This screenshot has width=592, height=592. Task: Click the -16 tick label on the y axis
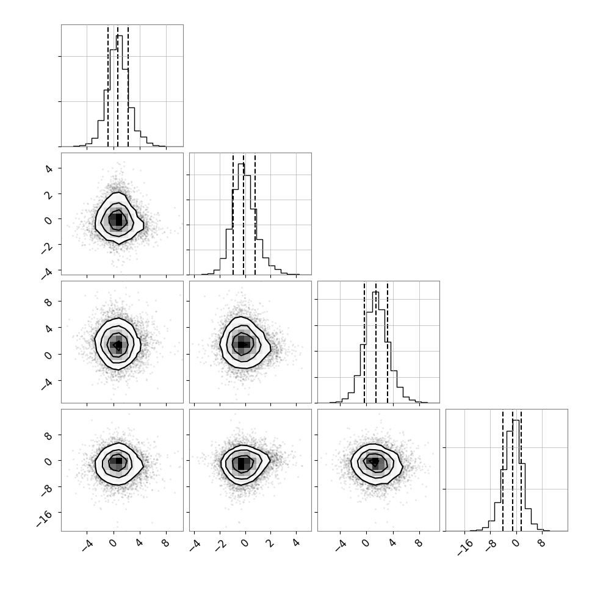pos(45,518)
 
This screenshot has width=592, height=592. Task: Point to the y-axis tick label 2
pos(49,193)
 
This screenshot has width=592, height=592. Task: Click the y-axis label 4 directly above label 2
pos(49,168)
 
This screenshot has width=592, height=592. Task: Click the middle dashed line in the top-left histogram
pos(118,85)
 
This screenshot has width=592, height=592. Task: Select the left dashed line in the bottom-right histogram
pos(503,470)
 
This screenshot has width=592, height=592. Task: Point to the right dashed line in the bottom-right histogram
pos(521,470)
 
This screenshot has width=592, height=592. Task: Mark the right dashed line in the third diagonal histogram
pos(388,342)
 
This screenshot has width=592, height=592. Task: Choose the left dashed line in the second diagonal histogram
pos(233,214)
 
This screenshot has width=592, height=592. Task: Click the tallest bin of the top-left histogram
pos(119,90)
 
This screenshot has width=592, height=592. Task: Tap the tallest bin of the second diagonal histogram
pos(241,219)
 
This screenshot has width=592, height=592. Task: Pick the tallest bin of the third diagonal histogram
pos(375,347)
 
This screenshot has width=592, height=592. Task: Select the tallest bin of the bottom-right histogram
pos(516,475)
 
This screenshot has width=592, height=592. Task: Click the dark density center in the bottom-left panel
pos(118,461)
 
